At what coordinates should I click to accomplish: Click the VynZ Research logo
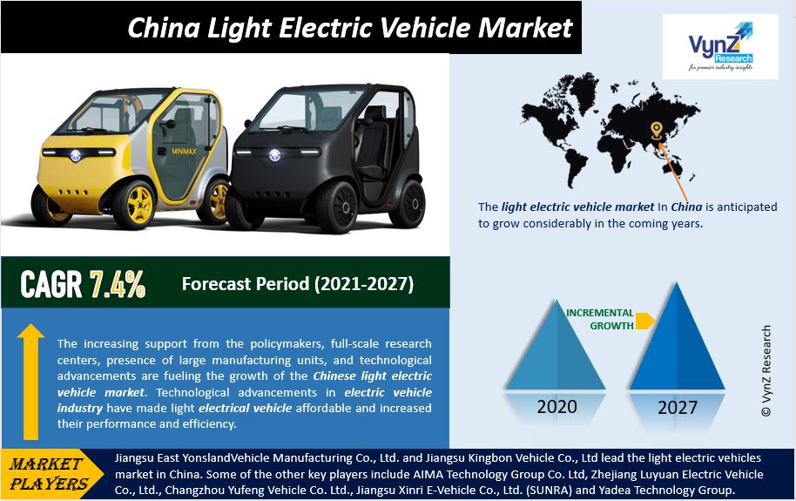click(x=720, y=46)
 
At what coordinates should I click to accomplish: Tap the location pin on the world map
click(x=657, y=131)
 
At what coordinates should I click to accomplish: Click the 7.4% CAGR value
click(x=118, y=283)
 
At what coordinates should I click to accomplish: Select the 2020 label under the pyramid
click(x=557, y=407)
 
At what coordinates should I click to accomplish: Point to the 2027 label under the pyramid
click(x=678, y=408)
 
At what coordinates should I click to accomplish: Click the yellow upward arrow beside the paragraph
click(x=31, y=382)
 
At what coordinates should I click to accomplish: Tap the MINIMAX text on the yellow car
click(x=184, y=151)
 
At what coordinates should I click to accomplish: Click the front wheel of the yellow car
click(x=134, y=204)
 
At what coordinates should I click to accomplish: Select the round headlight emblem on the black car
click(x=274, y=155)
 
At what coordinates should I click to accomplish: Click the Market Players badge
click(x=51, y=474)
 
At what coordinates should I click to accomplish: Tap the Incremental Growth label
click(x=600, y=319)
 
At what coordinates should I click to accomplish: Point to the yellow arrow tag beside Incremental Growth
click(x=644, y=321)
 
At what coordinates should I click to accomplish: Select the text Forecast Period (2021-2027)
click(x=298, y=283)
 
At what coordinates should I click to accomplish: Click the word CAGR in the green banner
click(x=51, y=283)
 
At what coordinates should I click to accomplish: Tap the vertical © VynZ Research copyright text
click(x=766, y=371)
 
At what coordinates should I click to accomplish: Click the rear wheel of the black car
click(x=407, y=203)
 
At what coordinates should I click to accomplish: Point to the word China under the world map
click(x=687, y=206)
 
